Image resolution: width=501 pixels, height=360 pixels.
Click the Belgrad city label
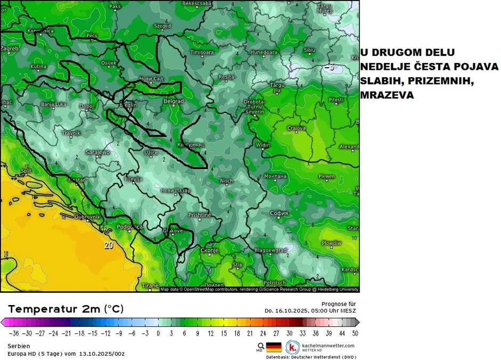click(174, 101)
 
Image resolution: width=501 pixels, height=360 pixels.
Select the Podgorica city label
click(130, 227)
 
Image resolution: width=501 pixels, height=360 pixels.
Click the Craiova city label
click(296, 128)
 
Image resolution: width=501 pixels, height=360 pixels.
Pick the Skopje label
click(209, 251)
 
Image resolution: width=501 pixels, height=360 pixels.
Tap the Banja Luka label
click(54, 104)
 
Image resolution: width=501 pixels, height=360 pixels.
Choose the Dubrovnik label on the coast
click(87, 217)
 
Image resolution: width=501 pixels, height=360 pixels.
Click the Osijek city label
click(109, 63)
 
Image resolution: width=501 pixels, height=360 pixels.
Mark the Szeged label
click(163, 26)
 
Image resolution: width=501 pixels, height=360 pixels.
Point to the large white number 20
click(109, 245)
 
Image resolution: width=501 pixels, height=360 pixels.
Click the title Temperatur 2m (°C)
click(66, 309)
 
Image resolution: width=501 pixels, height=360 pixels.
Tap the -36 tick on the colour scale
click(14, 333)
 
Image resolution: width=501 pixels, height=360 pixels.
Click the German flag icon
click(273, 347)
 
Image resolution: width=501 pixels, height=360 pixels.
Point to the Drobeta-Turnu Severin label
click(254, 107)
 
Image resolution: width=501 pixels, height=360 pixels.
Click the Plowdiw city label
click(332, 243)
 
